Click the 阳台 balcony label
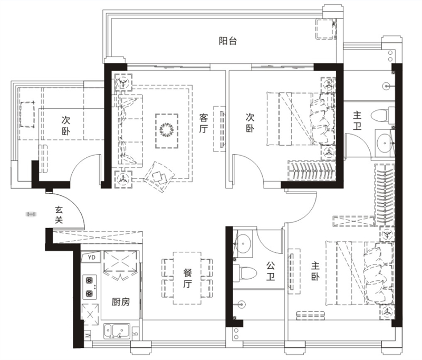point(228,41)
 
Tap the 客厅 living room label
point(204,124)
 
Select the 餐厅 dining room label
point(187,278)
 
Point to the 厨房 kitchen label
point(121,302)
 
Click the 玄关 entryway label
point(59,215)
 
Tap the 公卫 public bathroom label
point(271,271)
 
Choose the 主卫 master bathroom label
point(357,121)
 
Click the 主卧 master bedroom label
point(315,271)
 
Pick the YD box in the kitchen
point(91,258)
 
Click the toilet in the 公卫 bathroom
point(243,273)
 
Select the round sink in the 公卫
point(243,244)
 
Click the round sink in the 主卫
point(384,143)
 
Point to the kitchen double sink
point(117,331)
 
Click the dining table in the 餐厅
point(187,278)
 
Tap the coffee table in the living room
point(167,131)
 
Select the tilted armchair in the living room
point(159,177)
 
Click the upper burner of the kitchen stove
point(89,281)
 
